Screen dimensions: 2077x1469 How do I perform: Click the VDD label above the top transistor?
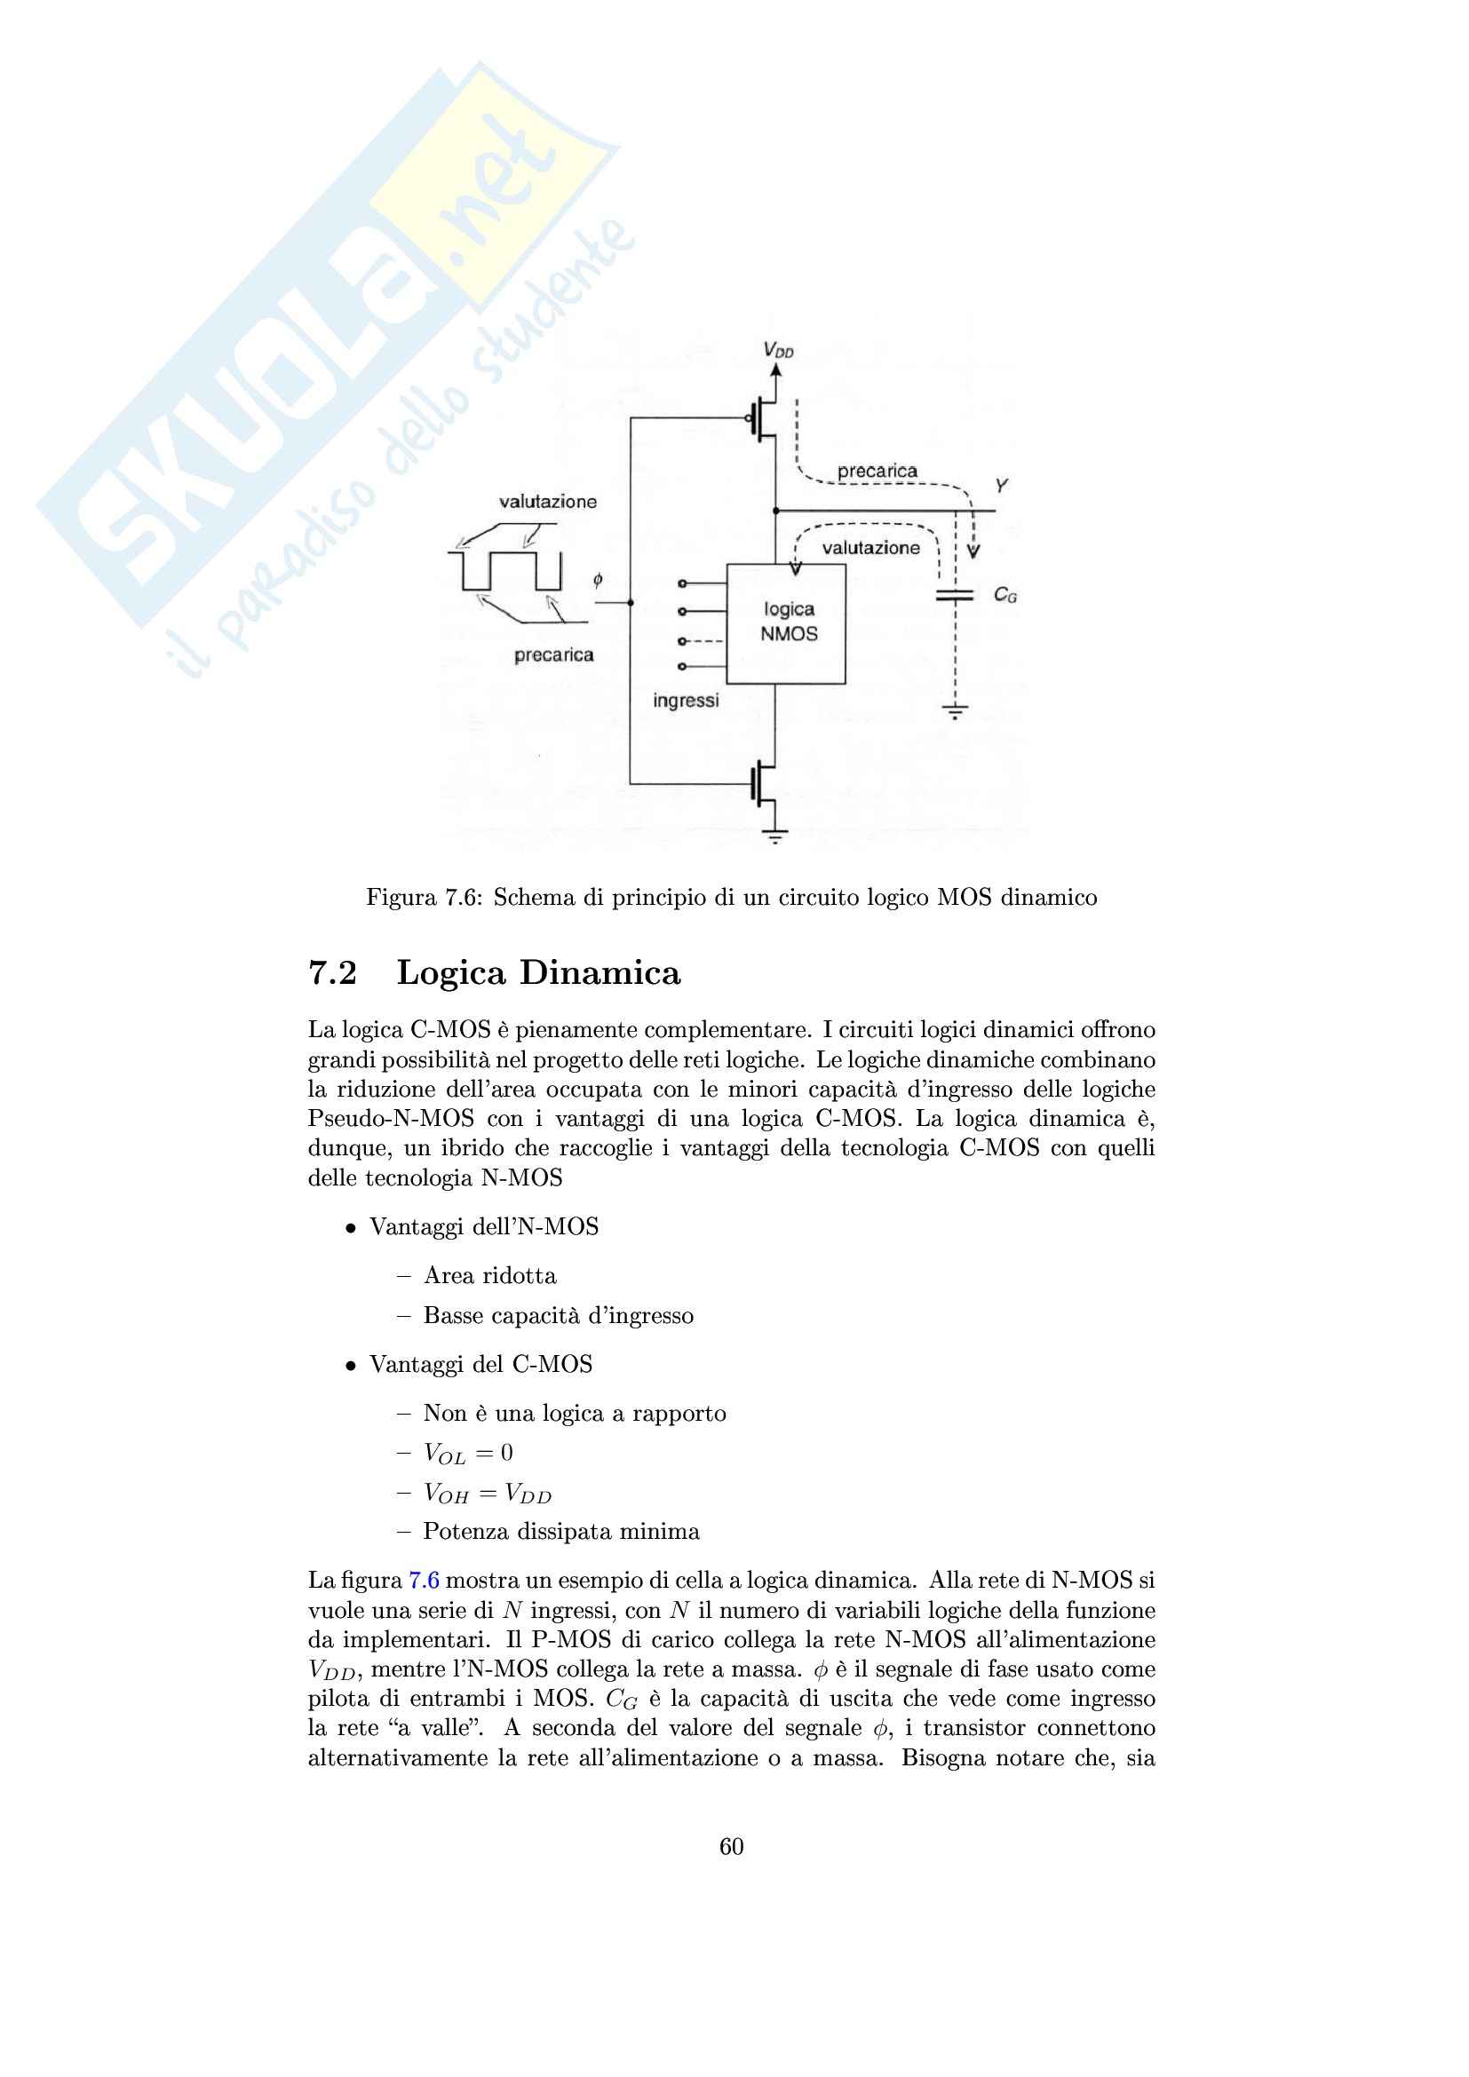click(777, 349)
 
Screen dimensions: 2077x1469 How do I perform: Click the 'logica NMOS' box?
click(787, 622)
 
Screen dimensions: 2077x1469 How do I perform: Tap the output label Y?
click(1000, 487)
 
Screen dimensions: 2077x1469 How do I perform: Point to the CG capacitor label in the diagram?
click(1005, 595)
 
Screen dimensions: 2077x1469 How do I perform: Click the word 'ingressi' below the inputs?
click(686, 702)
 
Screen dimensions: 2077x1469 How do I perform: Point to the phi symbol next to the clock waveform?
click(598, 580)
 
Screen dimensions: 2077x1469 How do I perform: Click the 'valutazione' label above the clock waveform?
click(548, 502)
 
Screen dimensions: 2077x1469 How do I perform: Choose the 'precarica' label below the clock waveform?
click(553, 655)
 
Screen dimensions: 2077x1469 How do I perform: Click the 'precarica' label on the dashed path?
click(877, 472)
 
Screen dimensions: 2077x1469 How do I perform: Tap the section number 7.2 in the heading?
click(333, 972)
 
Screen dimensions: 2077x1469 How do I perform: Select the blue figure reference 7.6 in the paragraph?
click(425, 1581)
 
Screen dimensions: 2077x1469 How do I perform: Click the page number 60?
click(732, 1846)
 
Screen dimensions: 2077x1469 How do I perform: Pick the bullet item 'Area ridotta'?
click(489, 1275)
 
